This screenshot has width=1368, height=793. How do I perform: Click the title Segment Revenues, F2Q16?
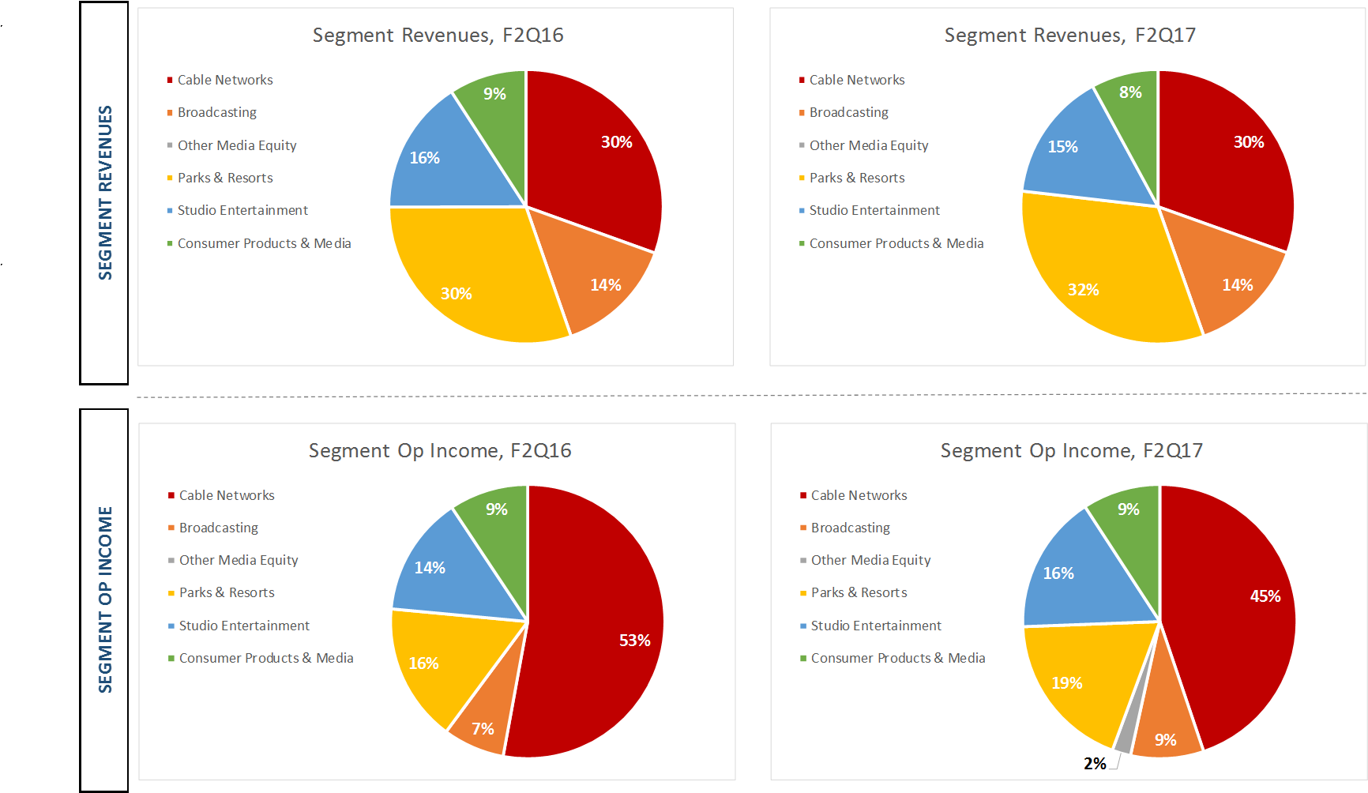click(x=438, y=36)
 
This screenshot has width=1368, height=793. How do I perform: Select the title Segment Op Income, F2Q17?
click(x=1071, y=451)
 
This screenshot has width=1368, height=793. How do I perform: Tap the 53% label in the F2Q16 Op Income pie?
click(x=634, y=641)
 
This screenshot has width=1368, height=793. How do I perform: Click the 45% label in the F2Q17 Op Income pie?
click(x=1265, y=596)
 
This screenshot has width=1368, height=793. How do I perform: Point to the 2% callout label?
click(x=1095, y=764)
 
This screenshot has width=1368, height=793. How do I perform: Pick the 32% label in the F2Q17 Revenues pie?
click(x=1083, y=290)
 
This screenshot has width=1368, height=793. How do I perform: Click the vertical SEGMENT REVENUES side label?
click(x=105, y=193)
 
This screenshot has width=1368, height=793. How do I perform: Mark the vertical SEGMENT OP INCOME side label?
click(x=105, y=599)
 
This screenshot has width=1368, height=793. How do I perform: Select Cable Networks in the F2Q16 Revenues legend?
click(x=225, y=80)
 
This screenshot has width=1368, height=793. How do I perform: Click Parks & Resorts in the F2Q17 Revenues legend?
click(x=857, y=178)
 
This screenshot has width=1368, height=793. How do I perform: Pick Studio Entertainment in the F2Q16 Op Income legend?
click(x=244, y=626)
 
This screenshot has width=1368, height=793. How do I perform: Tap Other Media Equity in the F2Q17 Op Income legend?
click(x=870, y=560)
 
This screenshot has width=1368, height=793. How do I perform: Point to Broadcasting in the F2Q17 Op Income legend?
click(x=850, y=528)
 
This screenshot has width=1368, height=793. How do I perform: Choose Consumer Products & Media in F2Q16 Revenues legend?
click(x=264, y=243)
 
